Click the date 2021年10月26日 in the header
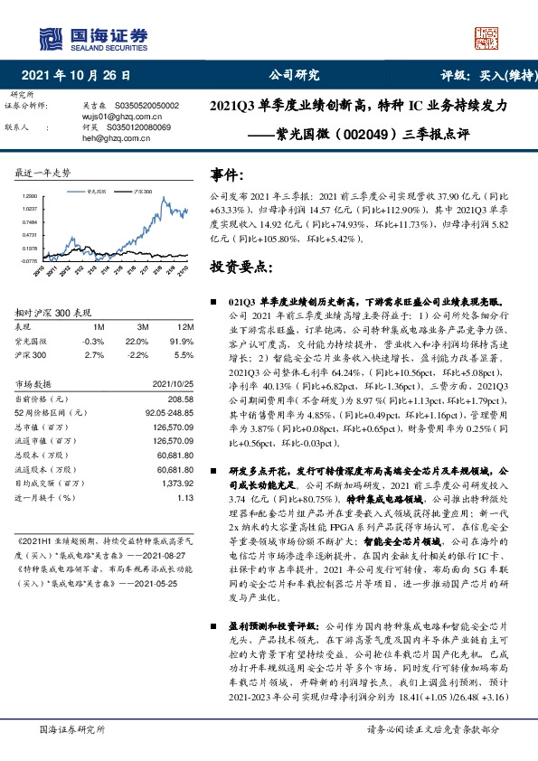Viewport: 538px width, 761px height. click(80, 76)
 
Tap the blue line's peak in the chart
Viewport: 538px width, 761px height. click(161, 198)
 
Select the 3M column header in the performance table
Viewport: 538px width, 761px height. click(143, 326)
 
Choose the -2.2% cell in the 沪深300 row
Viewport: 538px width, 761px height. click(141, 356)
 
